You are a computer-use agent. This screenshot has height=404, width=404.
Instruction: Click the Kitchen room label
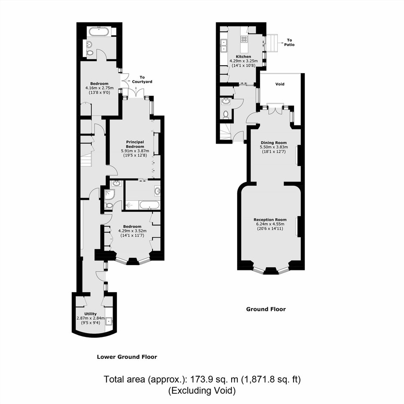click(x=244, y=57)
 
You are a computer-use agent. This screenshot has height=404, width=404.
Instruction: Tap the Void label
click(x=280, y=84)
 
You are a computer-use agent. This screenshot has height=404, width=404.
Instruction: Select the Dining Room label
click(x=274, y=143)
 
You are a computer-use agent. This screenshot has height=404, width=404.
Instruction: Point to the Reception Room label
click(x=270, y=220)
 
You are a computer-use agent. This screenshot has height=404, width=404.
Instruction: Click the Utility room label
click(x=90, y=314)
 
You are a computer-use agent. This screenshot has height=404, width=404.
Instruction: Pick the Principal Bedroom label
click(x=135, y=144)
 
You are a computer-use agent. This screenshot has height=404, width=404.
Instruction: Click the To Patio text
click(x=289, y=42)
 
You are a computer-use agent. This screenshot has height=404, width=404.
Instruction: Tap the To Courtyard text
click(x=142, y=80)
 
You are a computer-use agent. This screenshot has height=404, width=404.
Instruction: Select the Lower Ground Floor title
click(x=127, y=357)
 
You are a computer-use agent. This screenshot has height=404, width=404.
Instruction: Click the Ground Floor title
click(x=266, y=309)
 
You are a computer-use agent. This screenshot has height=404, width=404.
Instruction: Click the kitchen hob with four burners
click(x=244, y=39)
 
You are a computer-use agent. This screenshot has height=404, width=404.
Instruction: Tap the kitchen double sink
click(x=223, y=45)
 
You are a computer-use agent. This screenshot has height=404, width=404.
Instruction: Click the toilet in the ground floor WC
click(x=226, y=114)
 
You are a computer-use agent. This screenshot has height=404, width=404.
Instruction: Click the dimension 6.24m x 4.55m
click(x=270, y=224)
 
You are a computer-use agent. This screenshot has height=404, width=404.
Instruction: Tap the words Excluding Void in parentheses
click(x=202, y=391)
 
